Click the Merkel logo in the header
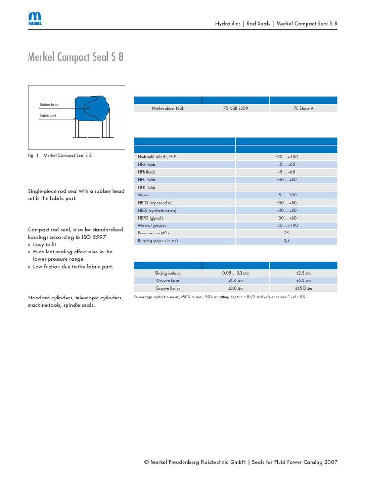[x=35, y=19]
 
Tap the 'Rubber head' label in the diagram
[x=49, y=105]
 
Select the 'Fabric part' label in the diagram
[x=48, y=115]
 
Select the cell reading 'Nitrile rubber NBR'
[x=168, y=108]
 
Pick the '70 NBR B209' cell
[x=235, y=108]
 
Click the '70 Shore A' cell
[x=303, y=108]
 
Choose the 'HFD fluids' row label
[x=147, y=187]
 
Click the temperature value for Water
[x=286, y=195]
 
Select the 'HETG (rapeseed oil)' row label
[x=155, y=202]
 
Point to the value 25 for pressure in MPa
[x=286, y=233]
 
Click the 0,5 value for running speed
[x=286, y=241]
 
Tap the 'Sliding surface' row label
[x=168, y=273]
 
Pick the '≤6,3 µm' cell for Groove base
[x=303, y=280]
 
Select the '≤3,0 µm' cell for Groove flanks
[x=235, y=288]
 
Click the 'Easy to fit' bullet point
[x=44, y=244]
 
